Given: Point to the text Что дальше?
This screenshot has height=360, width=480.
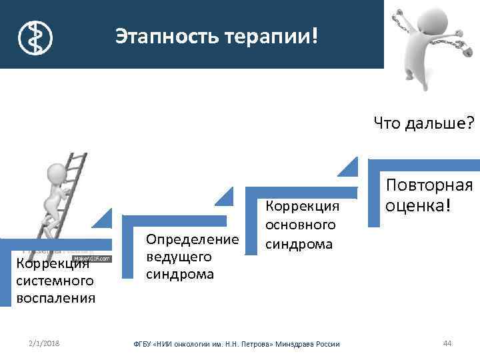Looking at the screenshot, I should (423, 122).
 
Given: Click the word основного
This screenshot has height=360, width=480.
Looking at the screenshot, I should (301, 225).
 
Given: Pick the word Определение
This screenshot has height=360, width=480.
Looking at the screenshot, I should (192, 239).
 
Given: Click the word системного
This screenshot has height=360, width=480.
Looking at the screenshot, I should (51, 280).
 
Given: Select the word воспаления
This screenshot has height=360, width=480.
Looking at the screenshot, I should (55, 297).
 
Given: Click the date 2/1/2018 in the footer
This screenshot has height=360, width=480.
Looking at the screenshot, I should (44, 343).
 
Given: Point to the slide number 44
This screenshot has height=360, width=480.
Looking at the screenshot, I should (447, 343).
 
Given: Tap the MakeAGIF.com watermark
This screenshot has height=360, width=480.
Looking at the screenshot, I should (91, 259).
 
